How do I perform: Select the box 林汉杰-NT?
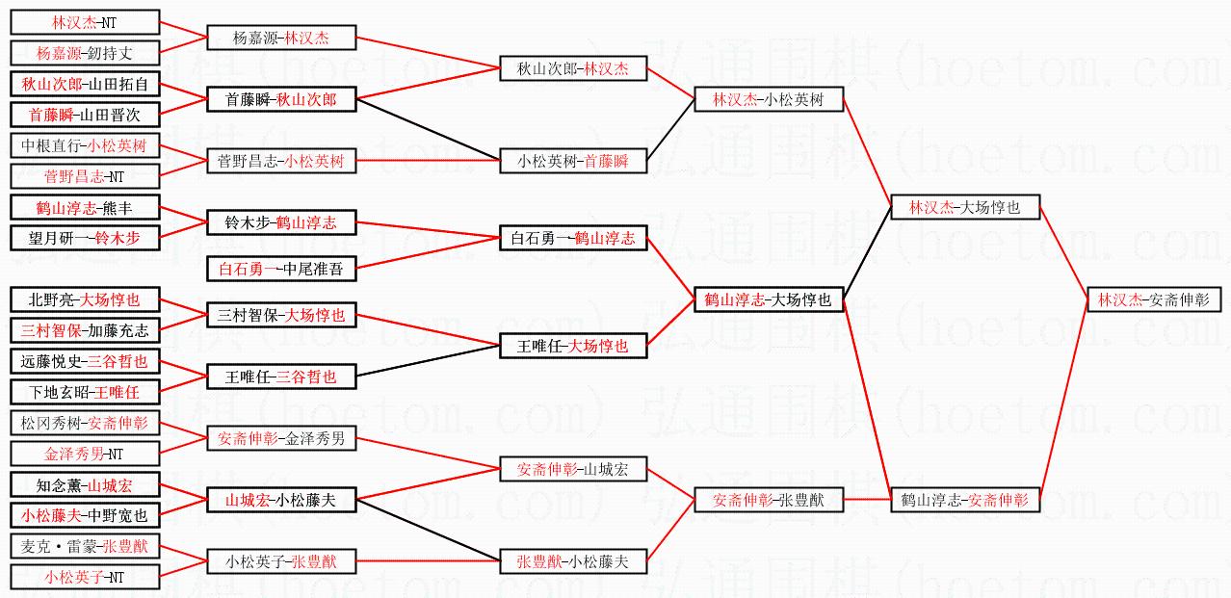(x=84, y=22)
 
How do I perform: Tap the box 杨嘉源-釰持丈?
(x=84, y=53)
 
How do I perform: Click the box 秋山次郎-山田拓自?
(x=84, y=84)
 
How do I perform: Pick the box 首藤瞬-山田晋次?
(x=84, y=115)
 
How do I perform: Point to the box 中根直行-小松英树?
(x=84, y=146)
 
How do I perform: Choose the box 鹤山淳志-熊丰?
(x=84, y=207)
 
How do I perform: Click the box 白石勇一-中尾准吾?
(x=280, y=270)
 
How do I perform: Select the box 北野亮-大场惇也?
(x=84, y=299)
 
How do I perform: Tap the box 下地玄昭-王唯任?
(x=84, y=392)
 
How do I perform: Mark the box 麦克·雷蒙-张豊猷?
(x=84, y=546)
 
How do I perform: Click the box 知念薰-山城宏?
(x=84, y=485)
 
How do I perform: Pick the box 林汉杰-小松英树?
(x=769, y=99)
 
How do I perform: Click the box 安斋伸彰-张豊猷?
(x=769, y=500)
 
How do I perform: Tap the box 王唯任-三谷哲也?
(x=280, y=377)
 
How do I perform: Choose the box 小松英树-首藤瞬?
(x=572, y=162)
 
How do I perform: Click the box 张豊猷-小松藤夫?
(x=572, y=561)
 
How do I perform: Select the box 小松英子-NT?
(x=84, y=577)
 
